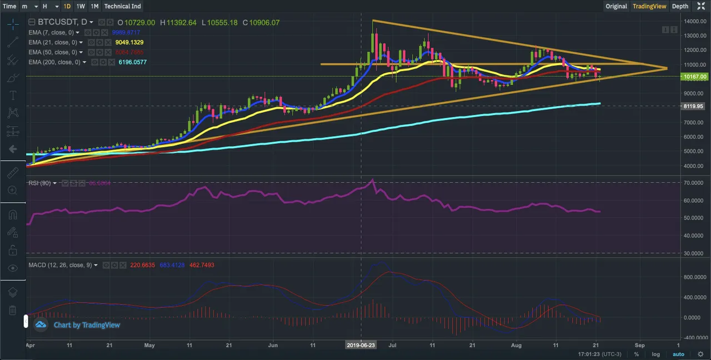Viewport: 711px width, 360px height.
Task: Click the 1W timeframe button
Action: coord(81,6)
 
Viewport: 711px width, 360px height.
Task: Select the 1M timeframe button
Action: coord(94,6)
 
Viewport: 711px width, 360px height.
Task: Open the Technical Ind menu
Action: coord(123,6)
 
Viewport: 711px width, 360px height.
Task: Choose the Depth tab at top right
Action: coord(680,6)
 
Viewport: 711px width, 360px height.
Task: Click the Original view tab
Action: coord(616,6)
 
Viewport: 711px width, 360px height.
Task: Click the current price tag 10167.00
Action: coord(695,77)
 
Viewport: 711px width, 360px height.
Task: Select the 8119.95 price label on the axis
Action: coord(695,106)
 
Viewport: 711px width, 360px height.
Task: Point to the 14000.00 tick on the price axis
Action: coord(695,22)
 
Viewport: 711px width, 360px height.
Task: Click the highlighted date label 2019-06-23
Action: coord(362,344)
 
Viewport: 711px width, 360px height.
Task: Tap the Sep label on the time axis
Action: coord(639,344)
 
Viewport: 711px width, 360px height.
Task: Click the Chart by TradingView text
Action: coord(87,325)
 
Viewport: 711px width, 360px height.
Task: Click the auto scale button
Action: coord(678,354)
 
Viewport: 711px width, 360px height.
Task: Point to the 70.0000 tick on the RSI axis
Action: coord(695,182)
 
